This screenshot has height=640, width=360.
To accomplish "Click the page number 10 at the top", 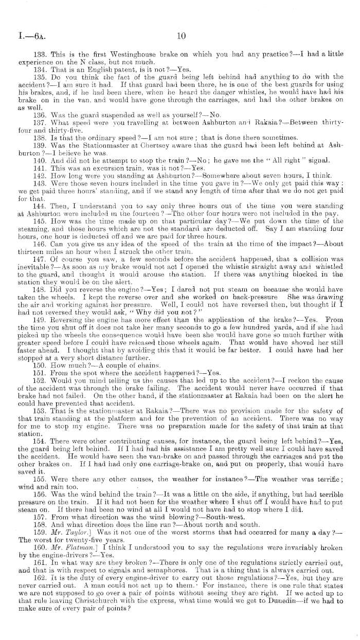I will [x=181, y=36].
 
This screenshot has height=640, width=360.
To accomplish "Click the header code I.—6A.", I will [x=19, y=36].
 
